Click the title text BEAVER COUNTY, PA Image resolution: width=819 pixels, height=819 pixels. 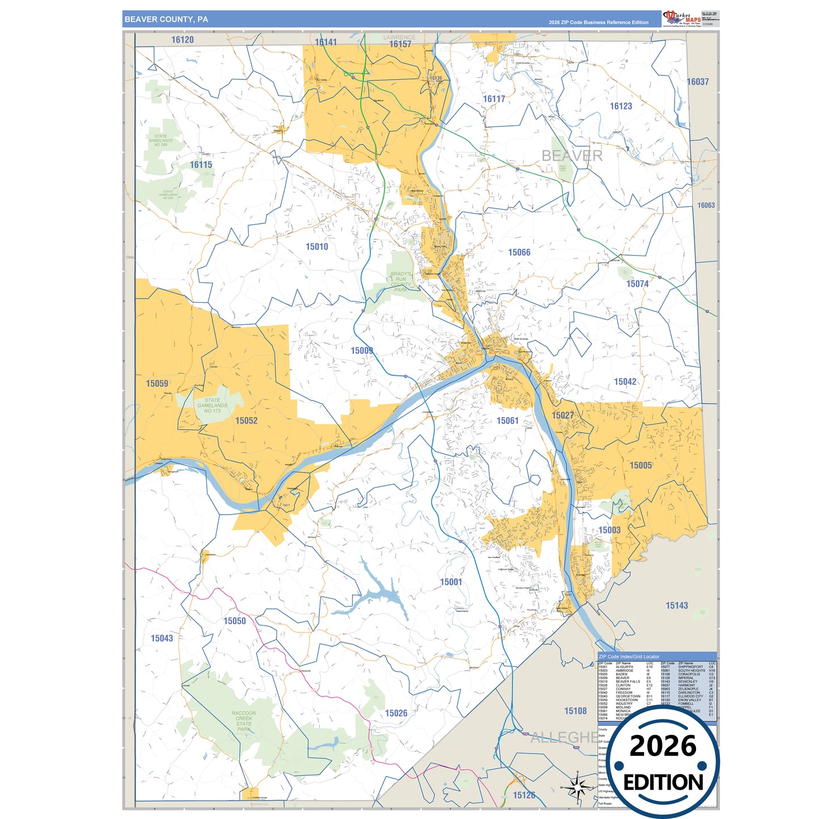(166, 19)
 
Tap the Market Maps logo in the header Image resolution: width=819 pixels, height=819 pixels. (682, 19)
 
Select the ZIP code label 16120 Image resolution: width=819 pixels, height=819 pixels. (183, 40)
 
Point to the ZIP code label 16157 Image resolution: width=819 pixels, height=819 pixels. (400, 44)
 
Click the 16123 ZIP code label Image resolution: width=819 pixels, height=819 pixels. (621, 106)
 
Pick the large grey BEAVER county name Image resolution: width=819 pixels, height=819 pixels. (572, 155)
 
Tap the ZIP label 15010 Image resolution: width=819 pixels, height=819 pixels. (317, 247)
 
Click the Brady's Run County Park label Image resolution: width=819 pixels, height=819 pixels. (401, 282)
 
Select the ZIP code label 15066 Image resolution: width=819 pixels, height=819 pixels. (519, 252)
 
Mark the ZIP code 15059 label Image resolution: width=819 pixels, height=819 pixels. (157, 384)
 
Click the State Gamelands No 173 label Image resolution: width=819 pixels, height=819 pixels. (213, 405)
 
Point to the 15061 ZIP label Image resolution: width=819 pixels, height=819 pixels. (507, 421)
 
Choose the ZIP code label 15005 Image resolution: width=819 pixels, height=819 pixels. (640, 465)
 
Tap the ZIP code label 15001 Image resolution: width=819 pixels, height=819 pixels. (451, 582)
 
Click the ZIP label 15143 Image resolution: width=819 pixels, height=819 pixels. (677, 605)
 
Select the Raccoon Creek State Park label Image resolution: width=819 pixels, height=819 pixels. (244, 721)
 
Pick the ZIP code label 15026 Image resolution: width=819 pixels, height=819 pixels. (396, 713)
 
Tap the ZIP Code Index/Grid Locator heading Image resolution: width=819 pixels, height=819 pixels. (629, 656)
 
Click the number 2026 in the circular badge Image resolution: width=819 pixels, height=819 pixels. (663, 746)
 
